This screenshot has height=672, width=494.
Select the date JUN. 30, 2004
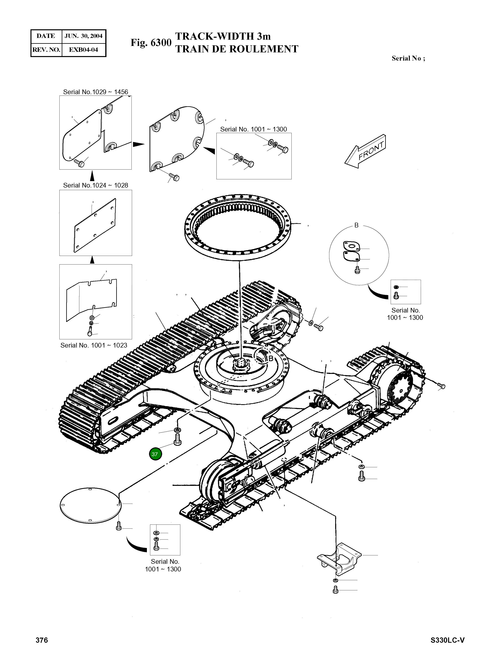[83, 36]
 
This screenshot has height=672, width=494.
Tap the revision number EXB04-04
[83, 50]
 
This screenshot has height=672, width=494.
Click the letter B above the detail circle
[356, 225]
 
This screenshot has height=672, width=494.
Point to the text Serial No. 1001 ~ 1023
[94, 345]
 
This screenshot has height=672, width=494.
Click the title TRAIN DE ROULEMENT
[237, 49]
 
